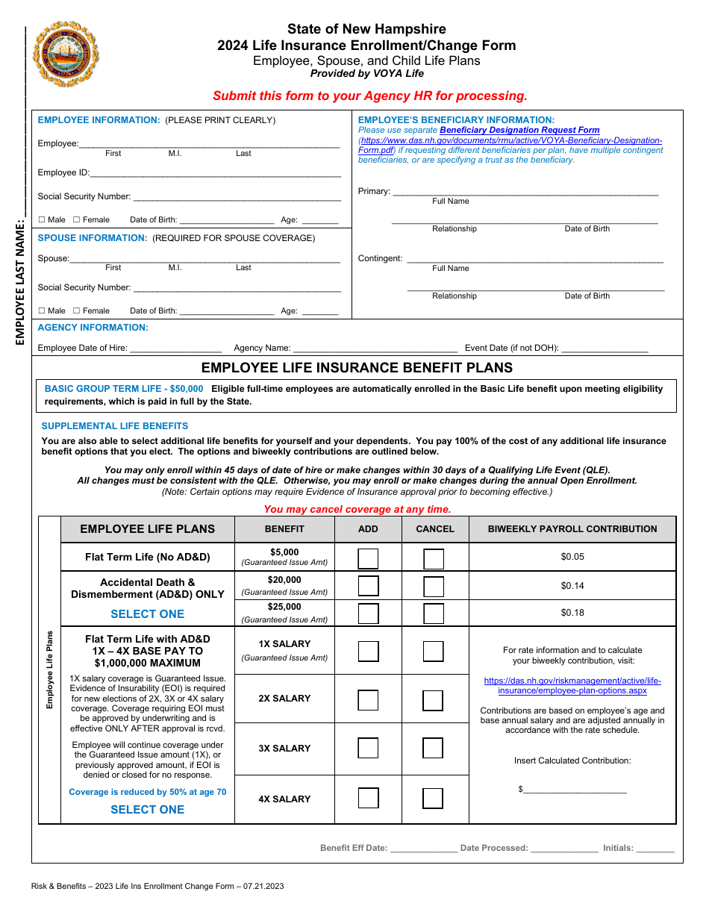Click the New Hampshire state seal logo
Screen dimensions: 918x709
point(66,54)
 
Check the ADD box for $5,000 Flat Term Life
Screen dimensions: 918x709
point(368,558)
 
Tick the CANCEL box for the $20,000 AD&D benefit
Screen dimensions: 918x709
point(434,586)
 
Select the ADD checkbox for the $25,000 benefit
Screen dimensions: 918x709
point(368,613)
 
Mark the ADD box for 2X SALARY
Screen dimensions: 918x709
point(368,700)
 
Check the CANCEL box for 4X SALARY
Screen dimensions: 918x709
point(433,799)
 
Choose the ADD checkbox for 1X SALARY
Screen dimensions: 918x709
point(368,652)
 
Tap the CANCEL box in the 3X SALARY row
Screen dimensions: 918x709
point(433,749)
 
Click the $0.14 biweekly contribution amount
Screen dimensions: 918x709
point(572,586)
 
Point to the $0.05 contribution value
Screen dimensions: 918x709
point(572,557)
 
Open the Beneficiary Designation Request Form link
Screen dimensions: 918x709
point(519,130)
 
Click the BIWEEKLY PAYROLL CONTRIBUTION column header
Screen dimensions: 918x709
point(572,529)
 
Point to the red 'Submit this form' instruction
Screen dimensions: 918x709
point(370,96)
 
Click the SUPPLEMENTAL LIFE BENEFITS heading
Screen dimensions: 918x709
point(115,426)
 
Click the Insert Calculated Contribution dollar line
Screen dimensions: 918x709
point(575,790)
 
